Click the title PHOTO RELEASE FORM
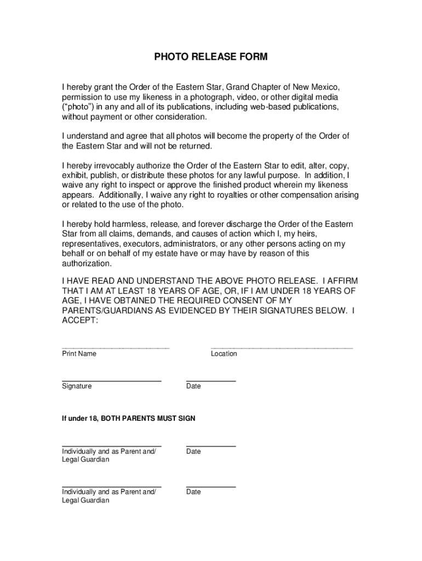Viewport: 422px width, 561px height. tap(210, 58)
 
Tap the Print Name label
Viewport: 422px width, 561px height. tap(79, 354)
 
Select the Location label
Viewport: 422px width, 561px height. tap(224, 354)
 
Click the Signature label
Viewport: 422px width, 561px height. tap(77, 386)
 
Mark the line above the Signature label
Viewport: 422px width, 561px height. tap(111, 380)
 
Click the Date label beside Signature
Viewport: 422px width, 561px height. tap(193, 386)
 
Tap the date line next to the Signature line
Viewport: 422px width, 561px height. tap(211, 380)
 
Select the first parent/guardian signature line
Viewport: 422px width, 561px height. tap(111, 446)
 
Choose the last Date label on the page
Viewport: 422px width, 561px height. tap(193, 492)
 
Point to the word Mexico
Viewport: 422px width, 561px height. tap(325, 87)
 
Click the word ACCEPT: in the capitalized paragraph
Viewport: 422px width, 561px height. tap(80, 321)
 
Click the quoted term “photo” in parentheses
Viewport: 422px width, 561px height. tap(79, 107)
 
